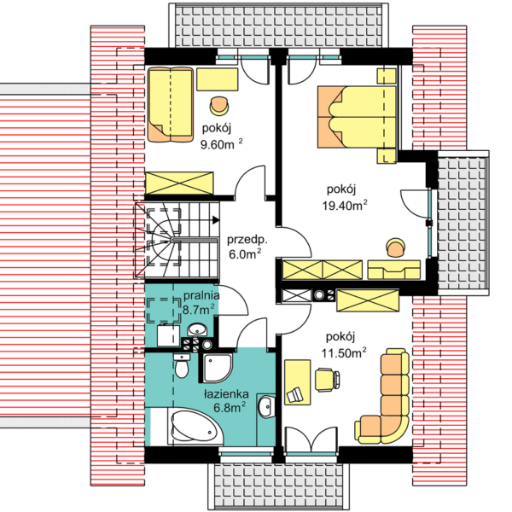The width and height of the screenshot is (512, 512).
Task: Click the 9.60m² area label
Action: (221, 144)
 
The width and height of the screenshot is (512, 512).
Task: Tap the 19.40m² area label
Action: (345, 205)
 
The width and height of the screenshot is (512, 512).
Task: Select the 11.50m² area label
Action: (344, 352)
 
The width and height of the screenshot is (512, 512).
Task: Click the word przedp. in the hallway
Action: (247, 240)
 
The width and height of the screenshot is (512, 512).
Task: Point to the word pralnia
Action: (201, 295)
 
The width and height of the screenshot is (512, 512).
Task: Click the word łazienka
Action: (226, 393)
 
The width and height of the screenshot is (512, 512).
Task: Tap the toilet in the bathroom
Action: (182, 366)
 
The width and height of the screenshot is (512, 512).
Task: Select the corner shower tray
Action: (218, 368)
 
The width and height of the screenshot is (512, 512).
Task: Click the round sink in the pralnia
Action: (197, 329)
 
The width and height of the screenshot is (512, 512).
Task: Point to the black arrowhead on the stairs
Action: (216, 220)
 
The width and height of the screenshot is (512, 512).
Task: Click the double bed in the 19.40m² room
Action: (357, 117)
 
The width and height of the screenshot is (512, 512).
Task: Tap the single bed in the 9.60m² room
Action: (171, 104)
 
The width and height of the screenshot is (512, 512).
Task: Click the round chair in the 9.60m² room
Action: (218, 106)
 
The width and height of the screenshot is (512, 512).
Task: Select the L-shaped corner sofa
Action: (382, 396)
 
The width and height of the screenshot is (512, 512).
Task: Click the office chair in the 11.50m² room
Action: (327, 379)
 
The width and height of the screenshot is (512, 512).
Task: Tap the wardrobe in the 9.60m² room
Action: (179, 183)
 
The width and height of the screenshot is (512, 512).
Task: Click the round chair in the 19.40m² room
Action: (395, 247)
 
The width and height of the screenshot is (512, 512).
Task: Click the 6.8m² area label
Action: (230, 408)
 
